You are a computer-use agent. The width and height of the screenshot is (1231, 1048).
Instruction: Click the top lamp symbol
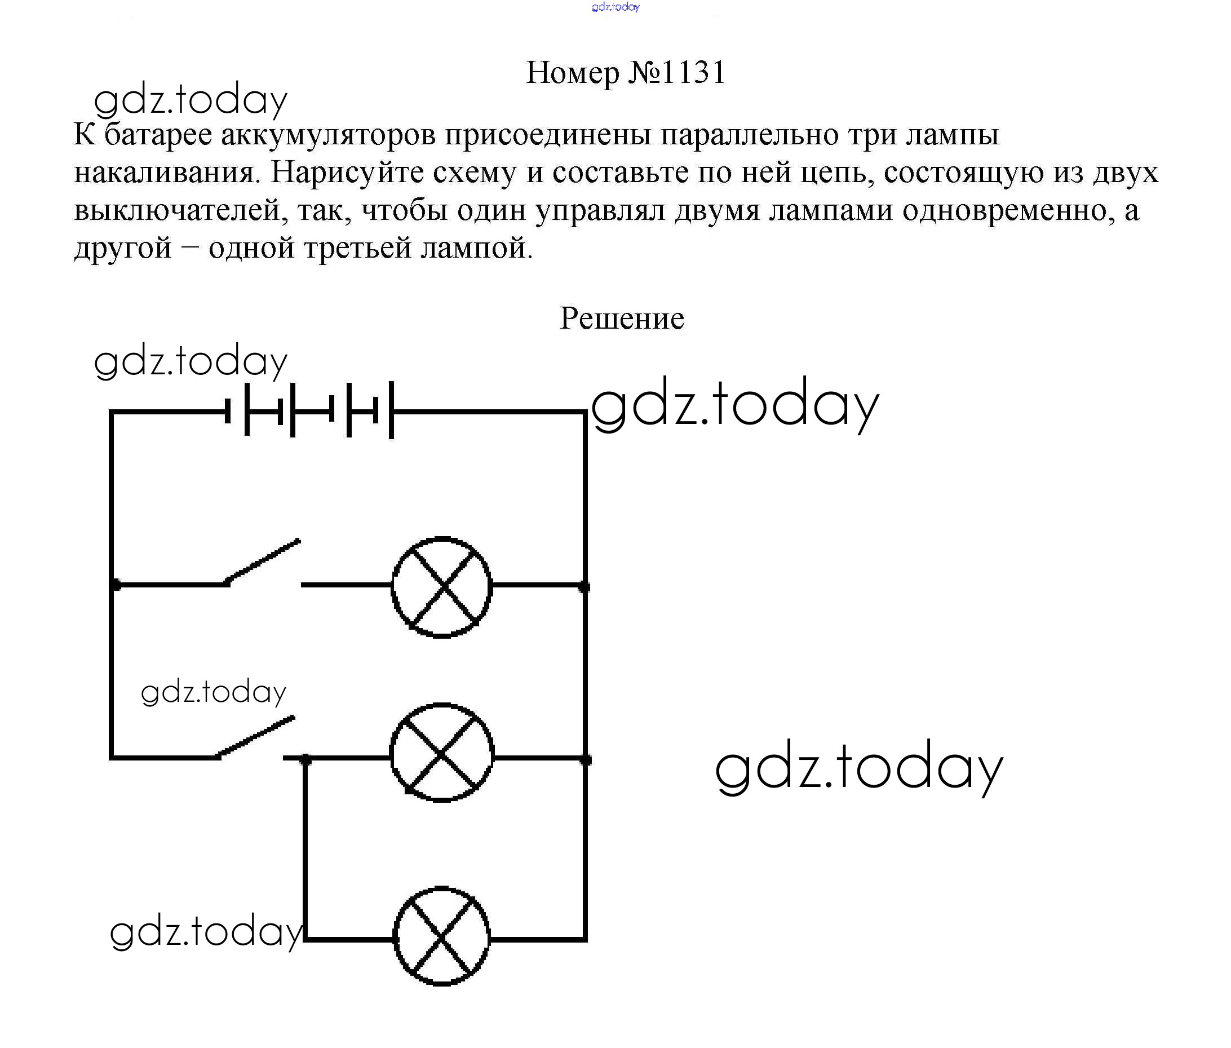pos(442,587)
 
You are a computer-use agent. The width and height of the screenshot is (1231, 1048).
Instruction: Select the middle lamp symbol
pos(442,753)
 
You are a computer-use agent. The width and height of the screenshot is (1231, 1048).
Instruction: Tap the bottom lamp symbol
pos(442,936)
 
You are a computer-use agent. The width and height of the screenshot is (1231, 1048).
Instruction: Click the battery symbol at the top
pos(309,411)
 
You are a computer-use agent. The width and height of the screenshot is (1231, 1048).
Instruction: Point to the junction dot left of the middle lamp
pos(305,759)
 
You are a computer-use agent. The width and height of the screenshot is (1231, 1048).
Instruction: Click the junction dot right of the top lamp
pos(584,587)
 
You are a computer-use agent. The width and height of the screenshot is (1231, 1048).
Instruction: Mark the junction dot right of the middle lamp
pos(586,759)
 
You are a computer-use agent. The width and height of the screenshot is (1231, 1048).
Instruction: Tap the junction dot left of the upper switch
pos(115,585)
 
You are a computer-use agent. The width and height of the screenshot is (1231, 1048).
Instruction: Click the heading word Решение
pos(622,319)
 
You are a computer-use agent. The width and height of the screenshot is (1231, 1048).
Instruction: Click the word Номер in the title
pos(573,73)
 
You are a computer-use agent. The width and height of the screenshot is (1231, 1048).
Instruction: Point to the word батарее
pos(158,134)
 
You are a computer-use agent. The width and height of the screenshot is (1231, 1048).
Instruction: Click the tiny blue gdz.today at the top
pos(615,7)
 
